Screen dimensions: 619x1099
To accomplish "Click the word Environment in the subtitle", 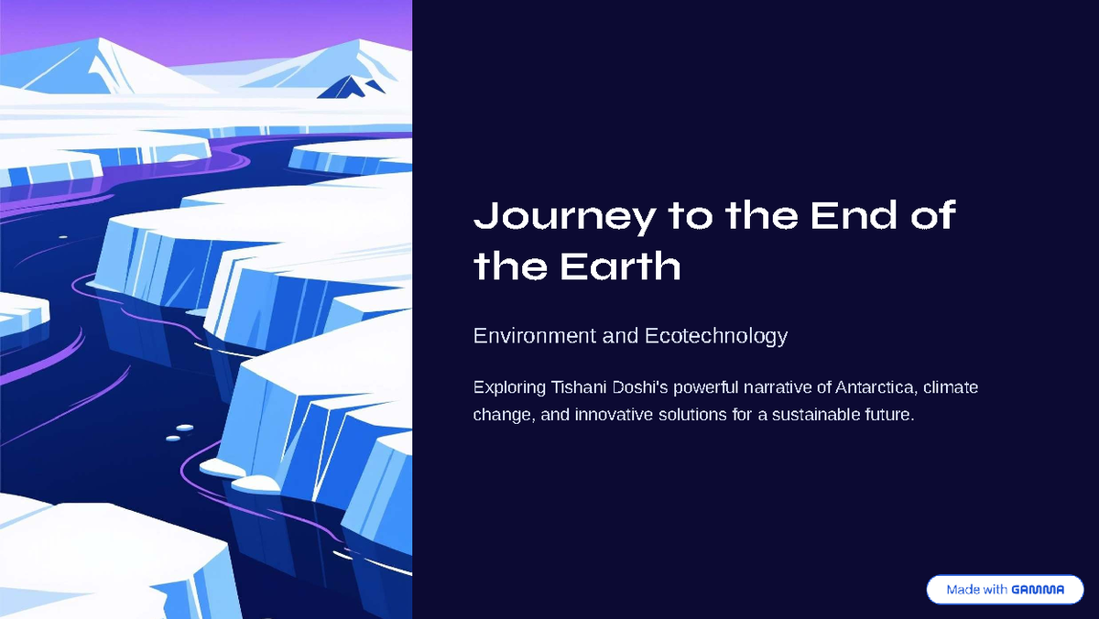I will [534, 336].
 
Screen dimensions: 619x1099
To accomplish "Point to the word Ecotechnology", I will [716, 336].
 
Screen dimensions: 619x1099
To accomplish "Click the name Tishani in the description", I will [578, 387].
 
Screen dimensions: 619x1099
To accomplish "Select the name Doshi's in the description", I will [639, 387].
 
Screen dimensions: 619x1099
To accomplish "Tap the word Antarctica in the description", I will [876, 387].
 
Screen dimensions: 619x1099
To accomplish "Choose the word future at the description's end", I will [888, 415].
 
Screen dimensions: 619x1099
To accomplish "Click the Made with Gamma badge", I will [1005, 590].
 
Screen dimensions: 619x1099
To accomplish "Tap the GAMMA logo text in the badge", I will [1038, 590].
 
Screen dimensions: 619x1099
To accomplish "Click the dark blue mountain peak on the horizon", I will [345, 87].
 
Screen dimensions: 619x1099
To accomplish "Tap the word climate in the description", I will [951, 387].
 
